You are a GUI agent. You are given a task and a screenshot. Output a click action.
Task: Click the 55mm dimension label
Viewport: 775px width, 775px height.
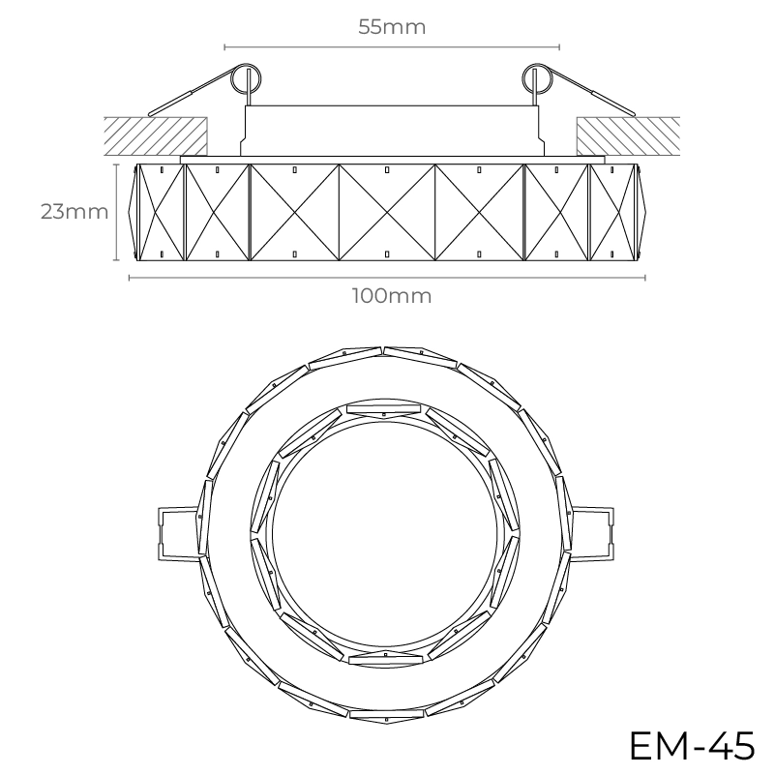[x=392, y=27]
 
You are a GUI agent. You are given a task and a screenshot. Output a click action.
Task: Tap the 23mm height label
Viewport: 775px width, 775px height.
[x=75, y=212]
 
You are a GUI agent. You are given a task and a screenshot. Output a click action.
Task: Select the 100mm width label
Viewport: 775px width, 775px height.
[x=392, y=296]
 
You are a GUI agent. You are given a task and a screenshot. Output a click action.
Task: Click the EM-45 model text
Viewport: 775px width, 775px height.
[x=692, y=745]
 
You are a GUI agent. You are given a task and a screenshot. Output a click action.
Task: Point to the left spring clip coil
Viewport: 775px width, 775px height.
[x=247, y=78]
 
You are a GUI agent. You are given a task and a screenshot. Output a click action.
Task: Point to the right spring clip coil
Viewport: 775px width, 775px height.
[x=537, y=78]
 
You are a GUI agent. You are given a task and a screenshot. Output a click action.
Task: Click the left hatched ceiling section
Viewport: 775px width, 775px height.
[x=156, y=135]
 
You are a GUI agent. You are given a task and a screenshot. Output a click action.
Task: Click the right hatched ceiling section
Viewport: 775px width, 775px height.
[x=628, y=135]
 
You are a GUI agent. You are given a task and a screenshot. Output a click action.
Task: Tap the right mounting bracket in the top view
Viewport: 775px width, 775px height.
[x=592, y=533]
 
